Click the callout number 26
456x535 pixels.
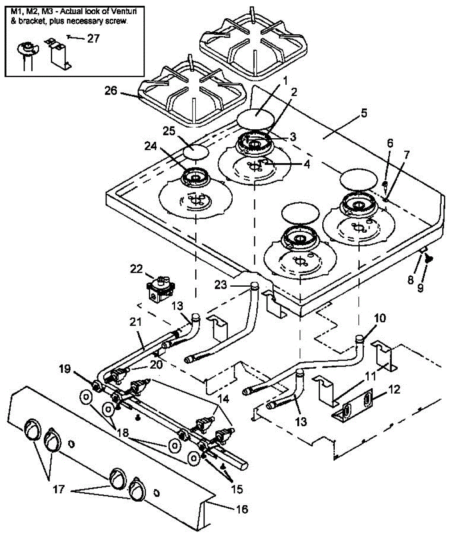coord(111,91)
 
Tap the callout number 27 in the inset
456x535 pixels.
coord(94,38)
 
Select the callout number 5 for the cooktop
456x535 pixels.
coord(364,113)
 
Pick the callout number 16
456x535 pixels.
coord(242,509)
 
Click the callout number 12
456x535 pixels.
coord(394,389)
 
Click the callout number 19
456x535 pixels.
coord(65,369)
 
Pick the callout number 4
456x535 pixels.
coord(306,164)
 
